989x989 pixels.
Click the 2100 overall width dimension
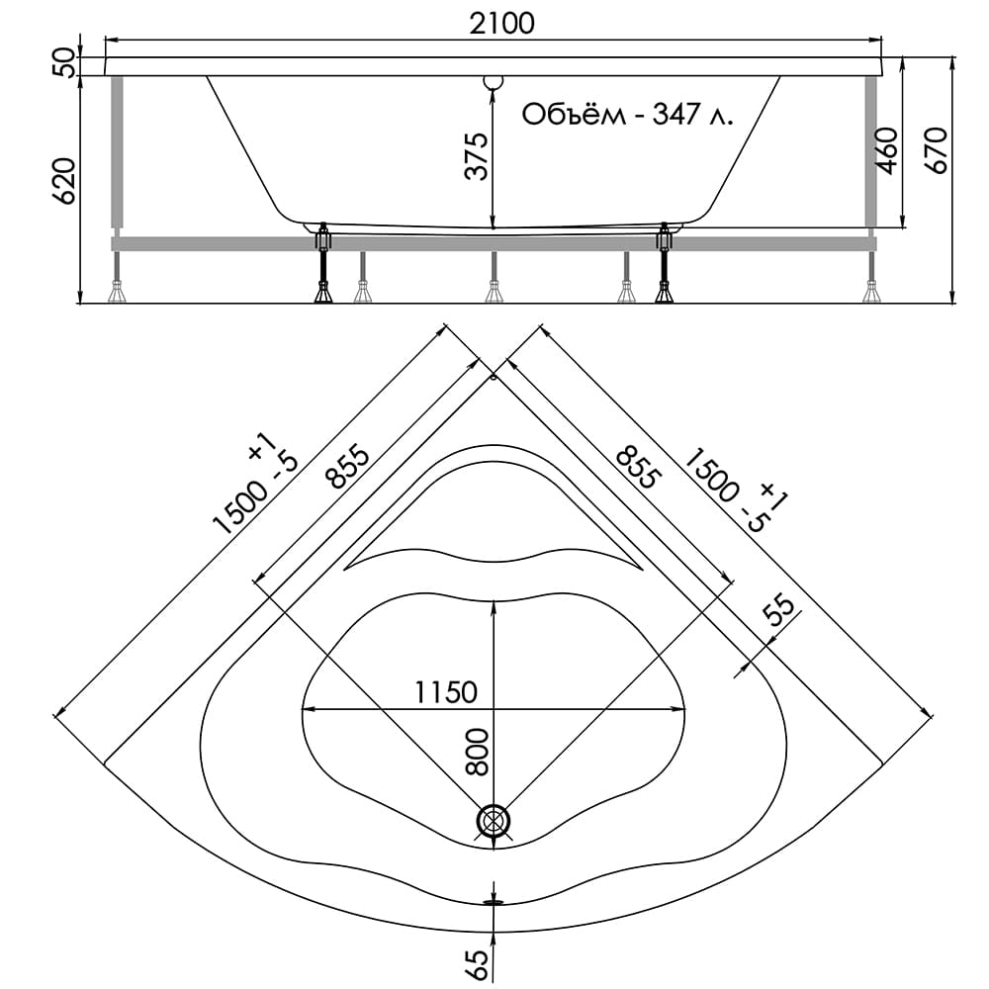pyautogui.click(x=494, y=23)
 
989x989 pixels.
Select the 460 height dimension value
pyautogui.click(x=886, y=150)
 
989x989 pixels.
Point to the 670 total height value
pyautogui.click(x=937, y=150)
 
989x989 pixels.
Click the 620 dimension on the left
pyautogui.click(x=63, y=181)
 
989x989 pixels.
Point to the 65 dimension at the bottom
pyautogui.click(x=476, y=958)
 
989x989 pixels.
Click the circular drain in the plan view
pyautogui.click(x=494, y=821)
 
